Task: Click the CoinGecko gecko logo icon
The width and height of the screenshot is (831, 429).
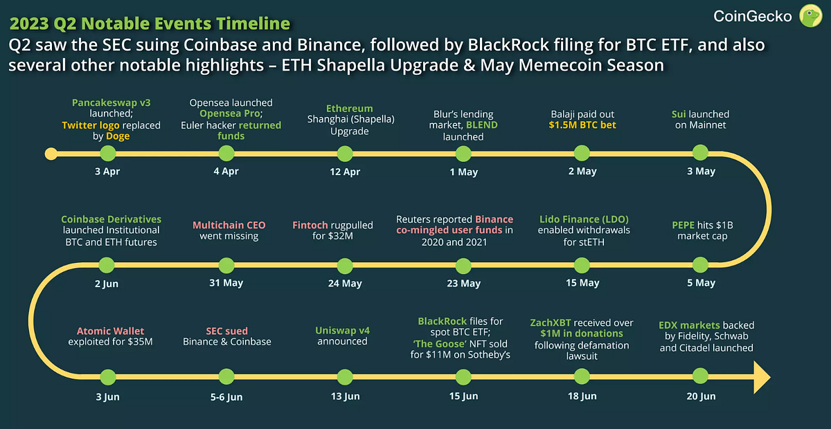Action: [x=810, y=15]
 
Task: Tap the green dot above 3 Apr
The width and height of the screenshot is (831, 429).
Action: [x=107, y=153]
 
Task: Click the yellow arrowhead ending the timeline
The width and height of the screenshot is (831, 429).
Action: [x=761, y=378]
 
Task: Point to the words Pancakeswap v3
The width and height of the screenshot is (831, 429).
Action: [x=111, y=102]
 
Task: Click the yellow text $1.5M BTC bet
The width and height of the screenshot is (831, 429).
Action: [x=582, y=125]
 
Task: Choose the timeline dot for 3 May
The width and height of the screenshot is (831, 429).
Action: [x=701, y=153]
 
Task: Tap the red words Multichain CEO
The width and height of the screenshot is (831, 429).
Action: [x=229, y=225]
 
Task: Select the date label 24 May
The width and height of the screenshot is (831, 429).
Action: [x=344, y=283]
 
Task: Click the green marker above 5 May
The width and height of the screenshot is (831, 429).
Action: [x=701, y=264]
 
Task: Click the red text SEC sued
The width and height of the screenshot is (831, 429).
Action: [x=226, y=331]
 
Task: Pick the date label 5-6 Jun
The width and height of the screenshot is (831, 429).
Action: [x=226, y=396]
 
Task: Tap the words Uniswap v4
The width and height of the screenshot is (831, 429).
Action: [x=342, y=330]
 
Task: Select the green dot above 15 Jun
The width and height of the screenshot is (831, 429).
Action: [x=461, y=377]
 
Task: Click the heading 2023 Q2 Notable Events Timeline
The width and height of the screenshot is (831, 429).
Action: [x=149, y=24]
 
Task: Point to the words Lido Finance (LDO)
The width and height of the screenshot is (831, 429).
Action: [x=583, y=219]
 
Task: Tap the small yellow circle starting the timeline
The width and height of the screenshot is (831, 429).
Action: [x=50, y=153]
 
